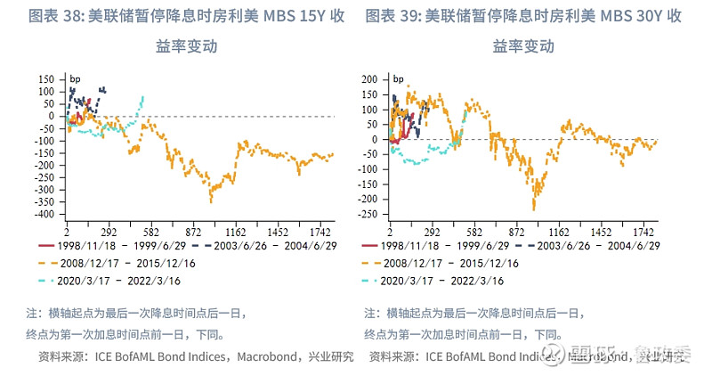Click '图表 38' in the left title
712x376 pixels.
pos(42,17)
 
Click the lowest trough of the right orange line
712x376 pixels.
pos(534,208)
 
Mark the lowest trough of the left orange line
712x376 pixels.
pos(211,200)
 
